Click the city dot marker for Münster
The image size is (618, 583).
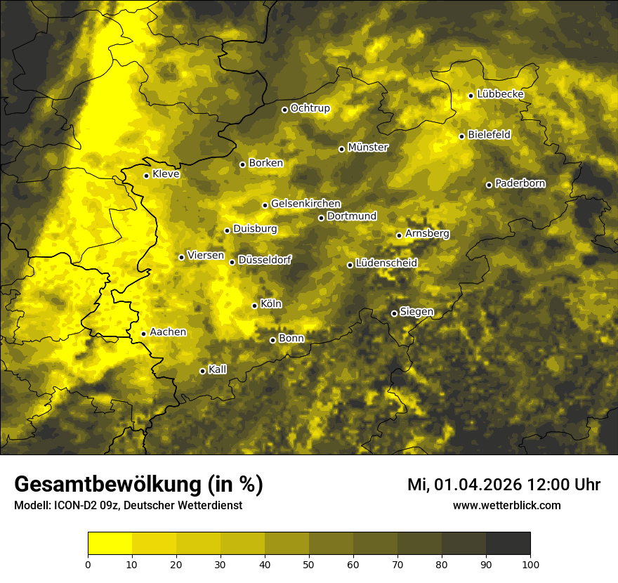click(x=341, y=149)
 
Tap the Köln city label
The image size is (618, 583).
click(x=271, y=304)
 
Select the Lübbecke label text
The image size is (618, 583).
click(x=500, y=94)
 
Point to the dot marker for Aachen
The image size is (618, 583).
click(x=143, y=334)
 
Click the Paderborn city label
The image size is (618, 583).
click(x=520, y=183)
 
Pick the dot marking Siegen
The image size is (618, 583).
click(x=394, y=313)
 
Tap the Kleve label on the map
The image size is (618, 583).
click(x=166, y=174)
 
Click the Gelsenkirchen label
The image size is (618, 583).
click(x=305, y=204)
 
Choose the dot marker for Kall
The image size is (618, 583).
click(x=202, y=371)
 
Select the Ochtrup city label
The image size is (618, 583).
click(x=310, y=108)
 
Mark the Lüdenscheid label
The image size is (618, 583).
click(x=386, y=263)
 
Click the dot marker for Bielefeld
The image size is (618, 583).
click(x=461, y=136)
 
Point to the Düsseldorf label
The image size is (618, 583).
click(x=265, y=260)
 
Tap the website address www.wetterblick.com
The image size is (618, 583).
click(x=506, y=505)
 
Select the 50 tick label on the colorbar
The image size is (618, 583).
click(x=309, y=563)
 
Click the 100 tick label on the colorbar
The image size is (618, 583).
click(x=530, y=563)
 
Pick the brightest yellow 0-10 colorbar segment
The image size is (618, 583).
click(x=110, y=543)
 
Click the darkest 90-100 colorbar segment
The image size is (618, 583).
click(x=508, y=543)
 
